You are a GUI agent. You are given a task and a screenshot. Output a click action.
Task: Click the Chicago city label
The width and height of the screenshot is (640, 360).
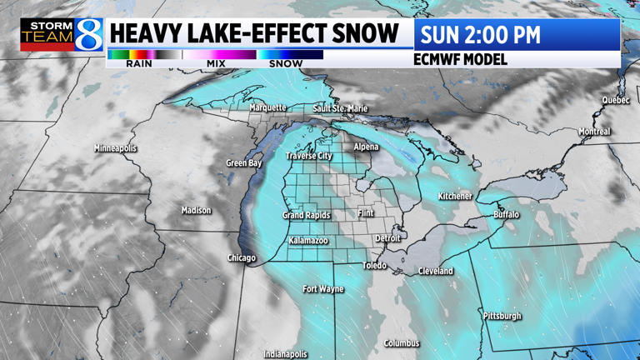coord(242,258)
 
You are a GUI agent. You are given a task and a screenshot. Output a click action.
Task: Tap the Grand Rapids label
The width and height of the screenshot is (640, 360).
coord(307,215)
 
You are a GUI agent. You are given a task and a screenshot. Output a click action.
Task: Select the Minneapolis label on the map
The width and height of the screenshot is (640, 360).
coord(115,148)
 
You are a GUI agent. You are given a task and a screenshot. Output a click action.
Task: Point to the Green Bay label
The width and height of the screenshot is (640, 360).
coord(244,163)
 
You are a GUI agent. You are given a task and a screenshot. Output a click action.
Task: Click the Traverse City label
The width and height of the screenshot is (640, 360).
coord(309,156)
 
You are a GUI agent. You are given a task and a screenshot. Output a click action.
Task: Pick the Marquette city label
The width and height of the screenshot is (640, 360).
coord(267,107)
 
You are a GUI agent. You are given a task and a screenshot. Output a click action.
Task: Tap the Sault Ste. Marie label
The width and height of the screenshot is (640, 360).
coord(340,108)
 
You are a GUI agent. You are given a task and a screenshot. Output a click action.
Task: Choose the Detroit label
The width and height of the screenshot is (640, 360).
coord(387,238)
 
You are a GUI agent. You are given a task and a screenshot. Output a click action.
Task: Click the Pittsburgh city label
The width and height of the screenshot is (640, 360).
coord(502,316)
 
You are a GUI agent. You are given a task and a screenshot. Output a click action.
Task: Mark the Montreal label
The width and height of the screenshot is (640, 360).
coord(595,132)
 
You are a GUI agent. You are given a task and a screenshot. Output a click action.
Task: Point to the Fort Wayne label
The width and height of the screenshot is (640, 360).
coord(323,289)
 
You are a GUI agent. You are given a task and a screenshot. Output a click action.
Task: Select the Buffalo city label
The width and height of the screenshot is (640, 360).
coord(506,214)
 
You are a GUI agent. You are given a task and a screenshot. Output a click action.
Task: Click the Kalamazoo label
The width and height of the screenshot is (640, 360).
coord(308,241)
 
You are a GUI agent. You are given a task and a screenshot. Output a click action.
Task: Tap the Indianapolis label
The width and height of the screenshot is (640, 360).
coord(286,354)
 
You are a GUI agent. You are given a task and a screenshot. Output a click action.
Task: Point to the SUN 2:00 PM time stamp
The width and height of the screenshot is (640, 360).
coord(480,35)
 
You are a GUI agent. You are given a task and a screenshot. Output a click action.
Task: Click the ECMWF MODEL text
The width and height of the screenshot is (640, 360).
coord(460,60)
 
